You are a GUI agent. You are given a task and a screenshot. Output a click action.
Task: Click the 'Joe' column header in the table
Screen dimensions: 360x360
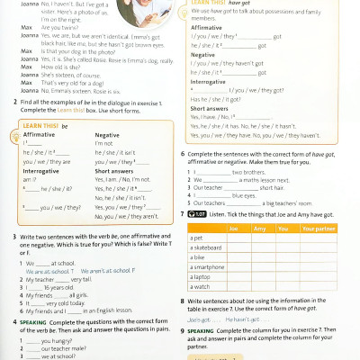233,229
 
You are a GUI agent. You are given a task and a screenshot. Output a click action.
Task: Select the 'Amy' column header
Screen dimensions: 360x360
259,229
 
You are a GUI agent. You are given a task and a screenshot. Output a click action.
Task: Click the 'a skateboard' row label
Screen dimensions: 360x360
207,247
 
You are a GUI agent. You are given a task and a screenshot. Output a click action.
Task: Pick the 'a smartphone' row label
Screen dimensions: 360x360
208,266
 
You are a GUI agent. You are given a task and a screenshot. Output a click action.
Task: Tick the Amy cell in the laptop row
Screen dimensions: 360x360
259,276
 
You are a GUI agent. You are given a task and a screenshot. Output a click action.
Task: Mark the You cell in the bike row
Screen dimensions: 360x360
284,257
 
